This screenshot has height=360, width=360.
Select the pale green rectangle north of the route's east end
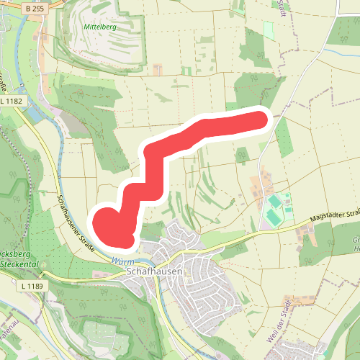(x=269, y=30)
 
